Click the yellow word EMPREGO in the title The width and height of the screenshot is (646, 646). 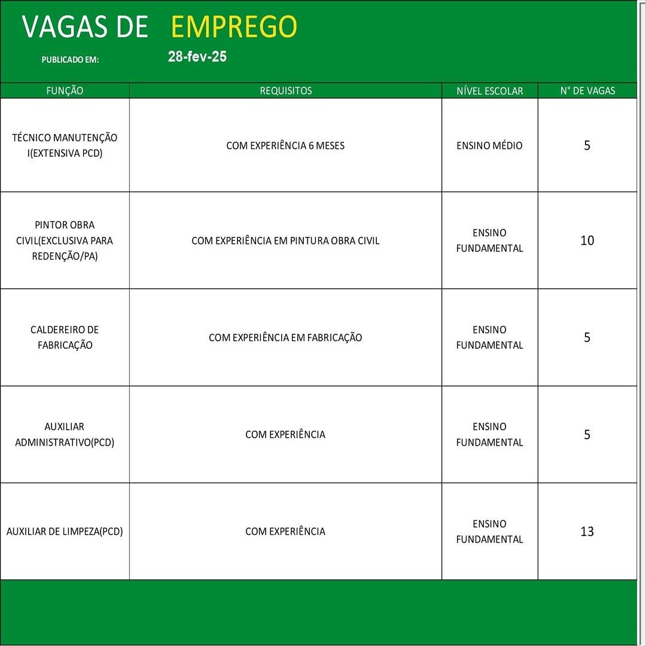(234, 27)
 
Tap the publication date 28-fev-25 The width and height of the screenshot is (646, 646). (197, 57)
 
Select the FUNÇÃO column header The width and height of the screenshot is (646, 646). (65, 91)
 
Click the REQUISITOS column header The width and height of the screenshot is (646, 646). (285, 91)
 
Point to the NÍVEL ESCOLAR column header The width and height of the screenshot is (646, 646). (489, 91)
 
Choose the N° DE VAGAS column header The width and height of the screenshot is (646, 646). (587, 91)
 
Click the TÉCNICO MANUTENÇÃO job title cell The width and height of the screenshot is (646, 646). (65, 145)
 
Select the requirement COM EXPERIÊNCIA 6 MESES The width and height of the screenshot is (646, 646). (285, 145)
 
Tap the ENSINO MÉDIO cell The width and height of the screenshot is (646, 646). (489, 145)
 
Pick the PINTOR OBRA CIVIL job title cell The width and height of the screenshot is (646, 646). (65, 240)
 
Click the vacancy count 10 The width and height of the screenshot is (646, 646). (587, 240)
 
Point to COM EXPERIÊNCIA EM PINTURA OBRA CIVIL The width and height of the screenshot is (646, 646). (285, 240)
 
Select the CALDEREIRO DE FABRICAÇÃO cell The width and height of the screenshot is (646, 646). (65, 337)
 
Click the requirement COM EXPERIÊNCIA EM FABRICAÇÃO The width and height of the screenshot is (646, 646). (285, 337)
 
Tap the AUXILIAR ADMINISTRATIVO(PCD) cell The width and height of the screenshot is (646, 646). (65, 434)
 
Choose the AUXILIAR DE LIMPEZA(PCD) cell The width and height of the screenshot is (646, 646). (65, 531)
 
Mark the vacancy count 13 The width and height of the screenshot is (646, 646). (587, 531)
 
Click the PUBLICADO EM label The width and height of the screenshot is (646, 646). (70, 60)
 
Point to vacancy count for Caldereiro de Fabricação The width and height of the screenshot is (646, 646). (587, 337)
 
